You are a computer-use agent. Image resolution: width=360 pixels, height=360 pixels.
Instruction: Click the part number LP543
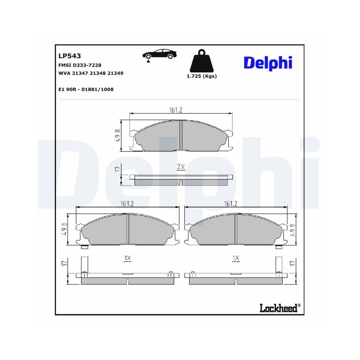click(x=69, y=56)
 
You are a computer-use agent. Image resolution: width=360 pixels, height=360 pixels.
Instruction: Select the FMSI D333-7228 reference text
click(x=80, y=65)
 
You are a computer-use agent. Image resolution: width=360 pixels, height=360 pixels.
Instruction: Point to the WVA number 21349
click(x=116, y=73)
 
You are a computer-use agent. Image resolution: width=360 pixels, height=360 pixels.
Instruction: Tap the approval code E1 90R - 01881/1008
click(x=86, y=89)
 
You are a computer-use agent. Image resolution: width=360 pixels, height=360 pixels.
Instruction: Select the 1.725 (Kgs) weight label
click(x=202, y=76)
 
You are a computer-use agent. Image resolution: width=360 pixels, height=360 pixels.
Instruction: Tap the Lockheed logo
click(x=279, y=308)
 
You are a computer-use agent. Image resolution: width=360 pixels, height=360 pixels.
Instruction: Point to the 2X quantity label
click(x=181, y=167)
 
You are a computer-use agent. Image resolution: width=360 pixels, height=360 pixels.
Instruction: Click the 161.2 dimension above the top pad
click(x=176, y=110)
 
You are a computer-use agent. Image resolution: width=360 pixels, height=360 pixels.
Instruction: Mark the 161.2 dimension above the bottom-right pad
click(x=230, y=204)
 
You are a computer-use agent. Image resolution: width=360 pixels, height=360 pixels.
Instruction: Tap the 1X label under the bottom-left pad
click(x=127, y=258)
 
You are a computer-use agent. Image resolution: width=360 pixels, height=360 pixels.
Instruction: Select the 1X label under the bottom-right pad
click(x=236, y=258)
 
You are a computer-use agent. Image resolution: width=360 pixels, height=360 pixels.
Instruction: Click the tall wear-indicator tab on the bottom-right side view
click(x=278, y=265)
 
